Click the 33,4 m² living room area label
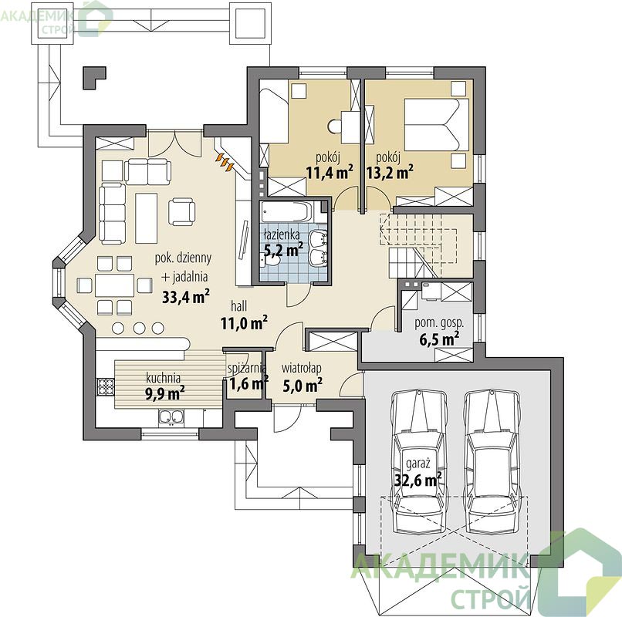(x=186, y=297)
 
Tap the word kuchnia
(x=163, y=377)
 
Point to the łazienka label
(x=282, y=234)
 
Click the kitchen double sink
(x=171, y=417)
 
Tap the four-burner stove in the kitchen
(x=106, y=386)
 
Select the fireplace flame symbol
(x=225, y=162)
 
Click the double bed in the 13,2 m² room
(x=436, y=125)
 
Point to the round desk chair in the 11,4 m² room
(x=334, y=126)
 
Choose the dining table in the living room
(x=114, y=285)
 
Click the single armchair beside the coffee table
(x=181, y=212)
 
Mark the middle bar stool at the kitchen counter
(x=139, y=328)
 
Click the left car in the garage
(x=418, y=462)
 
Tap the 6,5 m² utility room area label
(x=439, y=339)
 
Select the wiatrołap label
(x=302, y=368)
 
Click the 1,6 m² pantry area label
(x=249, y=384)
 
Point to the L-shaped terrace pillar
(x=94, y=78)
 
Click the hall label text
(x=238, y=305)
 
